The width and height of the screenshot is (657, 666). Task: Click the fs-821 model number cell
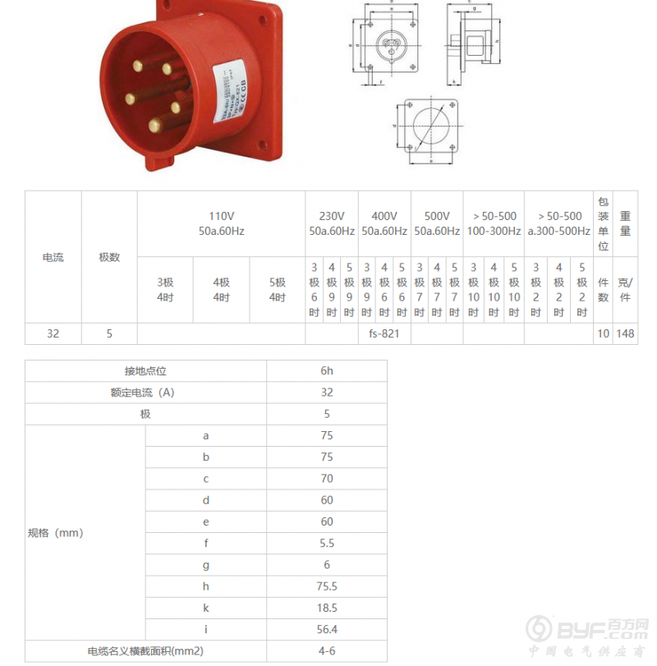tap(384, 334)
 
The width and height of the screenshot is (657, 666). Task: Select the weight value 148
tap(625, 334)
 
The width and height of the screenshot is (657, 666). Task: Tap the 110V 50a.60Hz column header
tap(221, 223)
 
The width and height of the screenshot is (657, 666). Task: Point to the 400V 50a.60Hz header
tap(384, 223)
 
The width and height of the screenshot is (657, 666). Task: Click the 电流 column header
tap(53, 257)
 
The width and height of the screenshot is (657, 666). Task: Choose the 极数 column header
tap(109, 257)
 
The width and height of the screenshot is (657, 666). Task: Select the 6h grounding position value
tap(327, 371)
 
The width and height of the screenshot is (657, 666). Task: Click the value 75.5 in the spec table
tap(327, 586)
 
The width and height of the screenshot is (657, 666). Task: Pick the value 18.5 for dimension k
tap(327, 608)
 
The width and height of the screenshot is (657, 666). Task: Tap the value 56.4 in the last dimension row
tap(327, 629)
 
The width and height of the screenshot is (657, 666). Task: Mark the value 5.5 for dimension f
tap(327, 543)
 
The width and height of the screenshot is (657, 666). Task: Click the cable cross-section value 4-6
tap(327, 650)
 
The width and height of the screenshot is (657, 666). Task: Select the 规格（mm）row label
tap(56, 533)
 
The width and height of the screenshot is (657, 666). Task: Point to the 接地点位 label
tap(145, 371)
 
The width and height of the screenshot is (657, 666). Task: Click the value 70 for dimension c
tap(327, 479)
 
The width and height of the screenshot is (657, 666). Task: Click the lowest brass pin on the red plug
tap(154, 126)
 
